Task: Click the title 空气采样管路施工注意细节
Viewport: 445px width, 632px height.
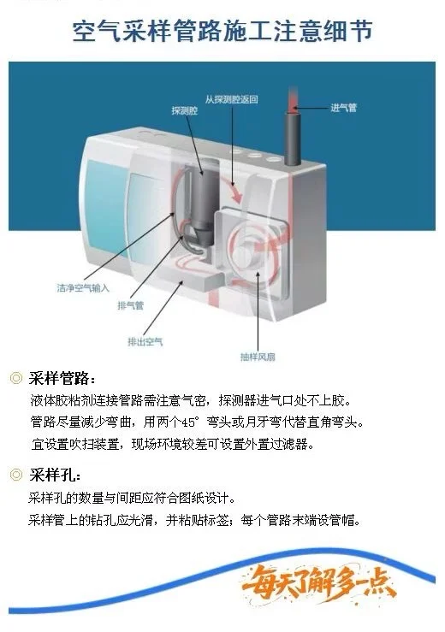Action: coord(222,32)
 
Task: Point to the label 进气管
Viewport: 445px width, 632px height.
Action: coord(343,108)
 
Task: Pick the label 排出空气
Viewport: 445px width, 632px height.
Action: coord(145,341)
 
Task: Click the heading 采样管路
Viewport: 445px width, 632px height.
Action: coord(62,379)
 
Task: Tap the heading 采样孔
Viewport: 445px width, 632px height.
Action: coord(56,475)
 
